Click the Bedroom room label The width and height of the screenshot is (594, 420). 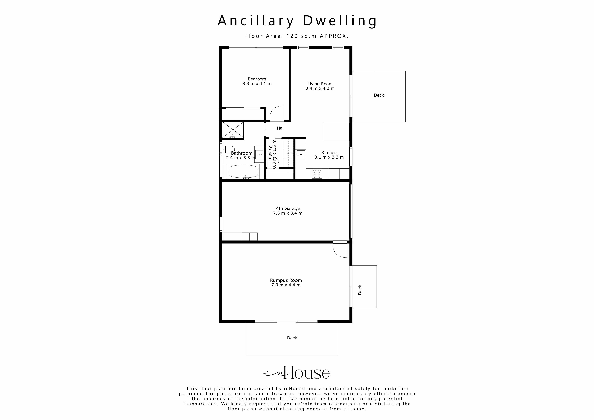coord(257,79)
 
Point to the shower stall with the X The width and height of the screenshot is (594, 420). coord(233,130)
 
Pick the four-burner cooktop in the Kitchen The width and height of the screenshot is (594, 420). coord(317,174)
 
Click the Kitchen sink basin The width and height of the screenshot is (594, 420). coord(300,155)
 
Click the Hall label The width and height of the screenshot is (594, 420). coord(281,128)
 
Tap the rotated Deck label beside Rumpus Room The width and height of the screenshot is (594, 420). coord(360,290)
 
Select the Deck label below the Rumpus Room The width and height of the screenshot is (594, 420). coord(292,338)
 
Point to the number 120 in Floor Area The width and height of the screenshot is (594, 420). coord(292,36)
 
